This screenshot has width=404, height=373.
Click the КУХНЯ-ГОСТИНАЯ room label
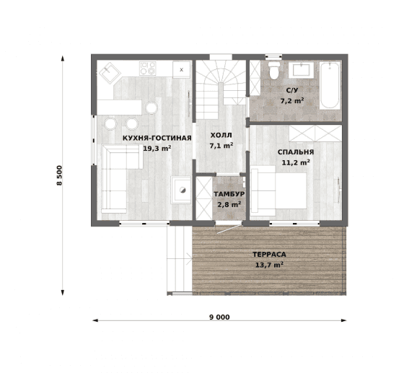(x=157, y=138)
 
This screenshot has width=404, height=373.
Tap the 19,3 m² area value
(x=157, y=148)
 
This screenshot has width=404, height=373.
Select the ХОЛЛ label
(x=221, y=135)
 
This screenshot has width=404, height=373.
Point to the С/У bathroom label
(x=292, y=90)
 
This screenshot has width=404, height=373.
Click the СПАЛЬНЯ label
(x=296, y=152)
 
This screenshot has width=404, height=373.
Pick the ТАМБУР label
(x=229, y=194)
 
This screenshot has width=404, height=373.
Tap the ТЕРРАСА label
(x=269, y=255)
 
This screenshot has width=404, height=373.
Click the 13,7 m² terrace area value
(x=269, y=265)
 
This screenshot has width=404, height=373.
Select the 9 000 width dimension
(x=219, y=317)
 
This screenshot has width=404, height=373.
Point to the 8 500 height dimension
(x=59, y=175)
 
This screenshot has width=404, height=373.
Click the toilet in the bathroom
(x=274, y=70)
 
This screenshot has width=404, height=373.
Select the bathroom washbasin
(x=301, y=70)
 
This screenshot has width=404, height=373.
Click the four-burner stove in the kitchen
(x=148, y=69)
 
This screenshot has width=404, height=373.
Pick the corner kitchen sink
(x=110, y=73)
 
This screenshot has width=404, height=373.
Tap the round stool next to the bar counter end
(x=151, y=107)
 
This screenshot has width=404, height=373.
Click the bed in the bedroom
(x=278, y=190)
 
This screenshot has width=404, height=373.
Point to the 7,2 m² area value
(x=292, y=100)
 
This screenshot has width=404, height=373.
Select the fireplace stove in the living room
(x=181, y=190)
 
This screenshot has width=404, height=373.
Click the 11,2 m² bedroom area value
(x=296, y=162)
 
